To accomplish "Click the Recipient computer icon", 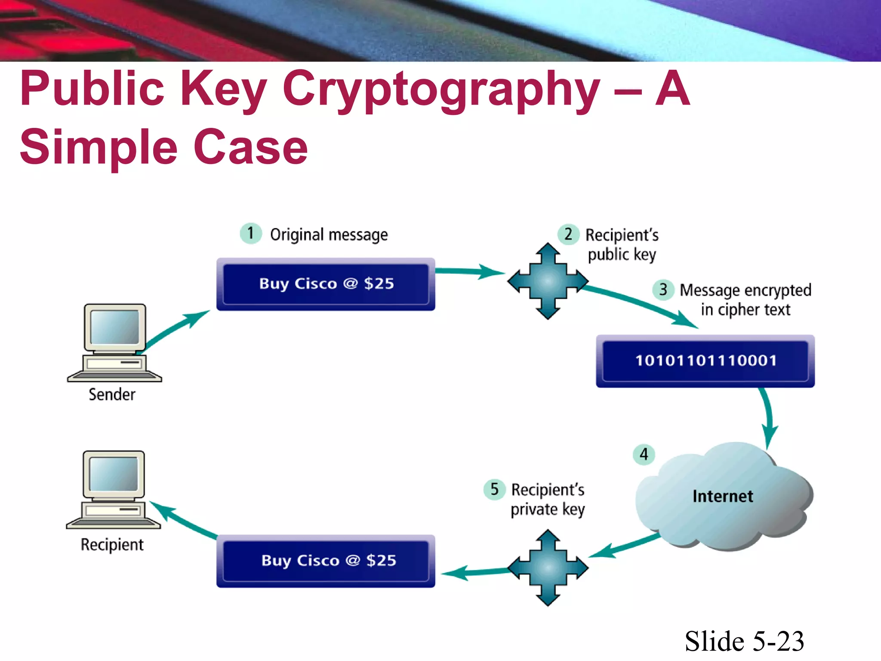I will click(x=114, y=489).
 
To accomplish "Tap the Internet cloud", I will click(x=723, y=497).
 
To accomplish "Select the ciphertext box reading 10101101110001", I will click(x=705, y=361).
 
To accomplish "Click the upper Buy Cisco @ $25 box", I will click(x=326, y=284).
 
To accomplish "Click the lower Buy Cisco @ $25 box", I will click(x=326, y=561).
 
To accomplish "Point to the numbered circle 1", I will click(x=251, y=234).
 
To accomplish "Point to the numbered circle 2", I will click(x=568, y=235).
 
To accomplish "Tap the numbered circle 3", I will click(x=663, y=290).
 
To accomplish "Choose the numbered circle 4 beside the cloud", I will click(x=644, y=454).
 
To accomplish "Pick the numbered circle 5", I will click(x=494, y=489).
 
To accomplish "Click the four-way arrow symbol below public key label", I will click(x=548, y=281).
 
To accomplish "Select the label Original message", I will click(x=329, y=235).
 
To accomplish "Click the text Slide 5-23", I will click(x=744, y=641).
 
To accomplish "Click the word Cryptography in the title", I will click(x=441, y=90).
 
